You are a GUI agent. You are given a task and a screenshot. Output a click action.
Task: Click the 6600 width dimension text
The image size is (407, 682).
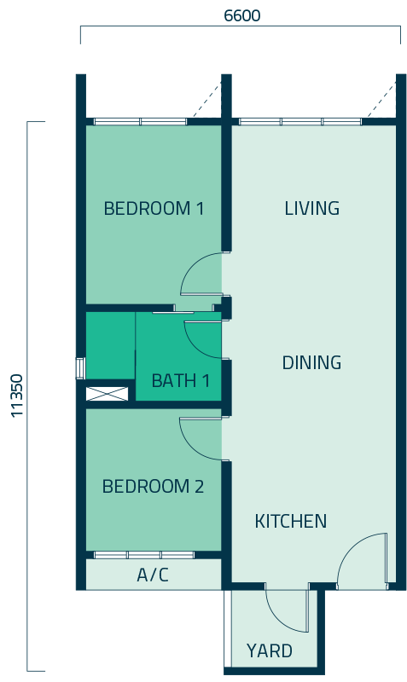[x=242, y=15]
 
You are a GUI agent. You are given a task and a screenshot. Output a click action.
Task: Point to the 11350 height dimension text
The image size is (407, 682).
[x=17, y=396]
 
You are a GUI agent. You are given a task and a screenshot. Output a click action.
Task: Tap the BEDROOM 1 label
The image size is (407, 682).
[x=154, y=208]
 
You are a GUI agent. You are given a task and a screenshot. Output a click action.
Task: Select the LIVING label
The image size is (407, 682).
[x=311, y=208]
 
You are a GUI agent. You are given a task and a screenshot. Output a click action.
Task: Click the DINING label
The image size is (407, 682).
[x=311, y=362]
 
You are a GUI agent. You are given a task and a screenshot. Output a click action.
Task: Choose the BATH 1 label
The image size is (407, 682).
[x=181, y=381]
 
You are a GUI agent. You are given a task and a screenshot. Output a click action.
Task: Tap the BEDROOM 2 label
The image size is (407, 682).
[x=153, y=486]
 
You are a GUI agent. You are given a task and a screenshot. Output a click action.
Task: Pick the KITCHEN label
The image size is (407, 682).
[x=290, y=521]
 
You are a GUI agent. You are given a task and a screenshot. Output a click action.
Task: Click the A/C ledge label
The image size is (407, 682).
[x=153, y=575]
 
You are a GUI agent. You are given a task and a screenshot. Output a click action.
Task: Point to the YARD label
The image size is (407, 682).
[x=270, y=651]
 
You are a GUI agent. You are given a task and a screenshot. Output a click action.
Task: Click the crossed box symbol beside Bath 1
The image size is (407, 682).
[x=107, y=394]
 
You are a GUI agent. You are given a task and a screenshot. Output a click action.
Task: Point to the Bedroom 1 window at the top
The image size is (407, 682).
[x=141, y=122]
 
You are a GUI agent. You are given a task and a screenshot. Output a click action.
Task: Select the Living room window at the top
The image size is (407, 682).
[x=300, y=122]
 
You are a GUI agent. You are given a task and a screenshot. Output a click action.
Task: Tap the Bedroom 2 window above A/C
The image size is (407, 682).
[x=144, y=555]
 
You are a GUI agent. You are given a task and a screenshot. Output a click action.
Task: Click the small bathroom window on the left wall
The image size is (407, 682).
[x=80, y=368]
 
